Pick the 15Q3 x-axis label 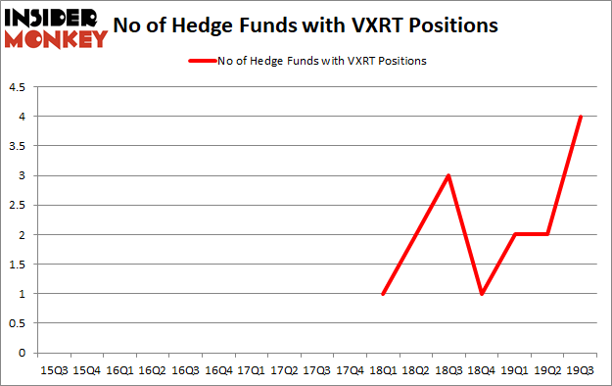pos(53,370)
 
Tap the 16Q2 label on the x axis pos(152,370)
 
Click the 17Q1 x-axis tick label pos(251,370)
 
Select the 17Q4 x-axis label pos(350,370)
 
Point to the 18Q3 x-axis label pos(448,370)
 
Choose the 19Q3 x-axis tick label pos(581,370)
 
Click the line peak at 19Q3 pos(581,117)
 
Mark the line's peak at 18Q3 pos(448,176)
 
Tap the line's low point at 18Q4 pos(482,294)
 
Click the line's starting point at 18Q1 pos(383,294)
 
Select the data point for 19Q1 pos(515,235)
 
